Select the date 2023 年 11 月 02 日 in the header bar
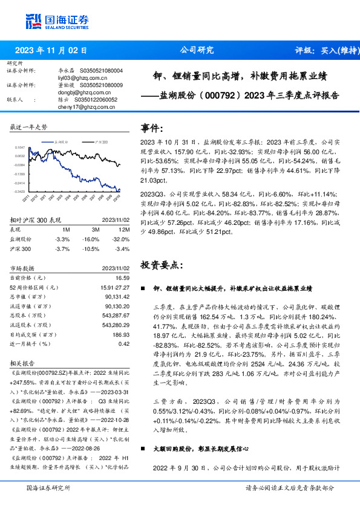tap(51, 51)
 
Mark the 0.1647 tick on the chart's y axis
tap(19, 147)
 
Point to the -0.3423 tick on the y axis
tap(19, 192)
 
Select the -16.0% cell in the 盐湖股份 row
tap(93, 239)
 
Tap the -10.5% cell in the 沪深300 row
tap(93, 248)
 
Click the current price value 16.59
tap(123, 277)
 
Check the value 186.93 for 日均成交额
tap(121, 334)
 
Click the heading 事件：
tap(152, 128)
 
